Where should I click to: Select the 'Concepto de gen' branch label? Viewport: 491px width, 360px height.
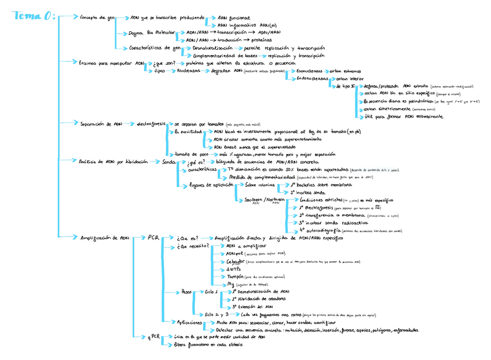(x=97, y=18)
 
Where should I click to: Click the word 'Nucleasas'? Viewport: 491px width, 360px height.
(x=190, y=71)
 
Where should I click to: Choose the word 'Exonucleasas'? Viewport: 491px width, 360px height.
(x=313, y=71)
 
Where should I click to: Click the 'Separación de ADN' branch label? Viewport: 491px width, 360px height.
(x=101, y=123)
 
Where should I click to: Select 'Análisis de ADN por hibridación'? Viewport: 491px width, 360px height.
(x=113, y=162)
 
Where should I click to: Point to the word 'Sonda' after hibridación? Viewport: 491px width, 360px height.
(x=169, y=162)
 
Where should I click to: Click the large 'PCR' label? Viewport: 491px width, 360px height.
(x=153, y=238)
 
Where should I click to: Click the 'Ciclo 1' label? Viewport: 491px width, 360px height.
(x=211, y=292)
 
